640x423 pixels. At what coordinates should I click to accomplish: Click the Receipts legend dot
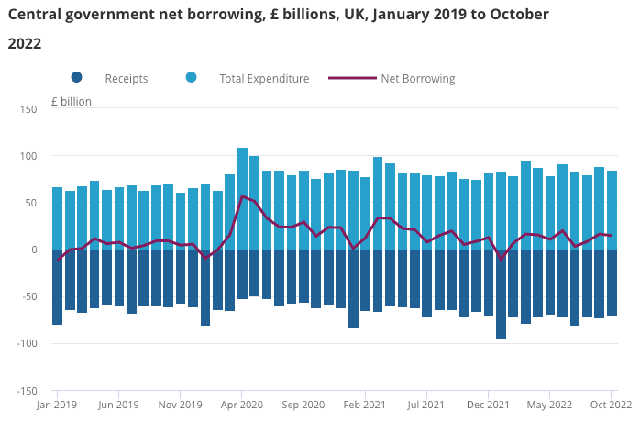(77, 78)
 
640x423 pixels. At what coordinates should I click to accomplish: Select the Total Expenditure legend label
(264, 79)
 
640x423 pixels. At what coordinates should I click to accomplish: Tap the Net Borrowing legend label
(417, 79)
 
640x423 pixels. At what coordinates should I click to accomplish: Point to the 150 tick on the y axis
(28, 110)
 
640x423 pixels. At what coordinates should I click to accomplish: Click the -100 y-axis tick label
(25, 344)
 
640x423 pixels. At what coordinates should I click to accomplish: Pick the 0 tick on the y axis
(33, 250)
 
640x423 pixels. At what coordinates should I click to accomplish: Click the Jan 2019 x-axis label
(57, 404)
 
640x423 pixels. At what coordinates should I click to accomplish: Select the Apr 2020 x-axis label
(242, 404)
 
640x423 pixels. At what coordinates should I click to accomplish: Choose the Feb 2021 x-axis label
(366, 404)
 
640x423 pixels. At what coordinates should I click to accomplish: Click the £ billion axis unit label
(72, 101)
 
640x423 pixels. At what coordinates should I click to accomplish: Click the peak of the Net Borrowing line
(242, 196)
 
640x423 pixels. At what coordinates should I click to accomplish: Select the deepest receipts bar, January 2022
(502, 294)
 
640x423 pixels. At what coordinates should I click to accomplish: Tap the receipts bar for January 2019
(57, 287)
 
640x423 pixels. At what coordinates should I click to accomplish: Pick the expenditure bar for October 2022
(612, 210)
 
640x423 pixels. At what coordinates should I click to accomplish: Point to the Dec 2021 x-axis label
(488, 404)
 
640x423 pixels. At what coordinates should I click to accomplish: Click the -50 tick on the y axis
(28, 297)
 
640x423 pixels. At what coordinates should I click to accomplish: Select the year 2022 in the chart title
(24, 43)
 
